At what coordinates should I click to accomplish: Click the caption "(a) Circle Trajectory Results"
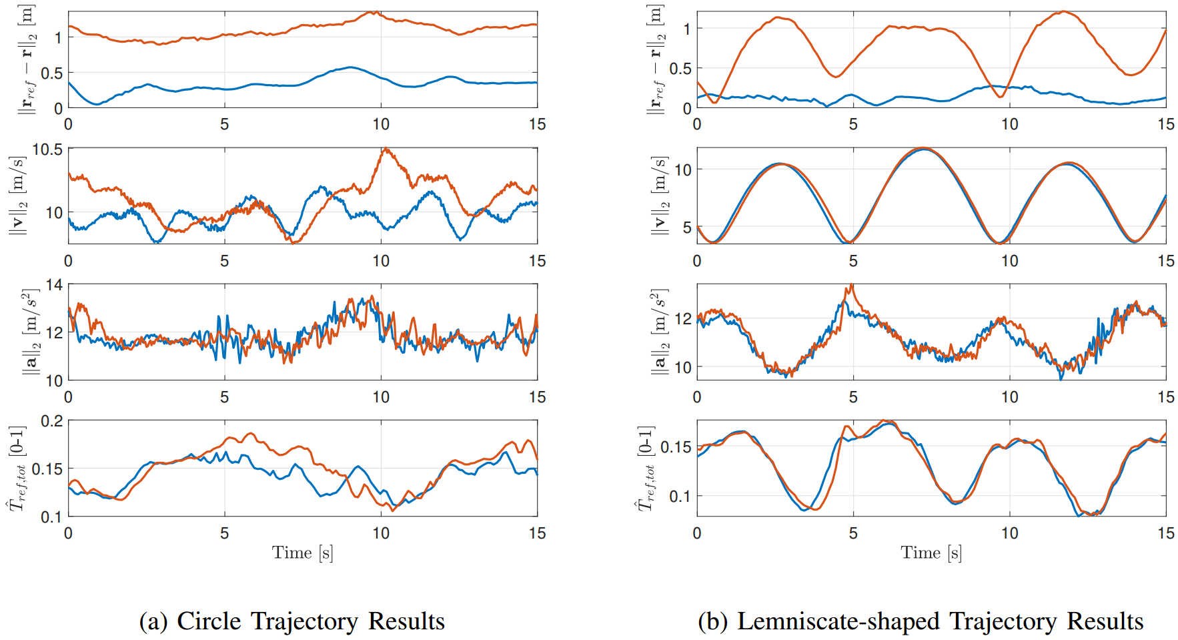click(291, 621)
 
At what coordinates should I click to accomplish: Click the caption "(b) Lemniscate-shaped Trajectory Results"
click(920, 621)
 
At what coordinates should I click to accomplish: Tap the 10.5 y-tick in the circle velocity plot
click(47, 149)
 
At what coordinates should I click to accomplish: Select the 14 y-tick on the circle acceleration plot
click(54, 286)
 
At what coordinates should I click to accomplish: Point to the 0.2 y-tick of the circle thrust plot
click(52, 421)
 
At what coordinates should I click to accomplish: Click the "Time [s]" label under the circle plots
click(302, 553)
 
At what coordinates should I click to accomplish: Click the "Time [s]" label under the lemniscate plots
click(931, 553)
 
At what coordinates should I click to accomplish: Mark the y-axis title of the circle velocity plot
click(17, 196)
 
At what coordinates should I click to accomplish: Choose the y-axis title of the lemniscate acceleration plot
click(659, 332)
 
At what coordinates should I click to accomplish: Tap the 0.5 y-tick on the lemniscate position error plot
click(680, 69)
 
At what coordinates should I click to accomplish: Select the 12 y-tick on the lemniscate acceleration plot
click(683, 318)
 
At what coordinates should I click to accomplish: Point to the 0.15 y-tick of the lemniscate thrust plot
click(676, 446)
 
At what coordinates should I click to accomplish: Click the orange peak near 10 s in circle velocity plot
click(386, 149)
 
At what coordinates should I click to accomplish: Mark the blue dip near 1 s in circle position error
click(97, 104)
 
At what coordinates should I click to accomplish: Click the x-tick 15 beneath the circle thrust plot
click(537, 533)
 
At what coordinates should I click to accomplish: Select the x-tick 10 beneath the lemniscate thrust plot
click(1009, 533)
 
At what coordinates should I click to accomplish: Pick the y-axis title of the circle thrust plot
click(17, 468)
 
